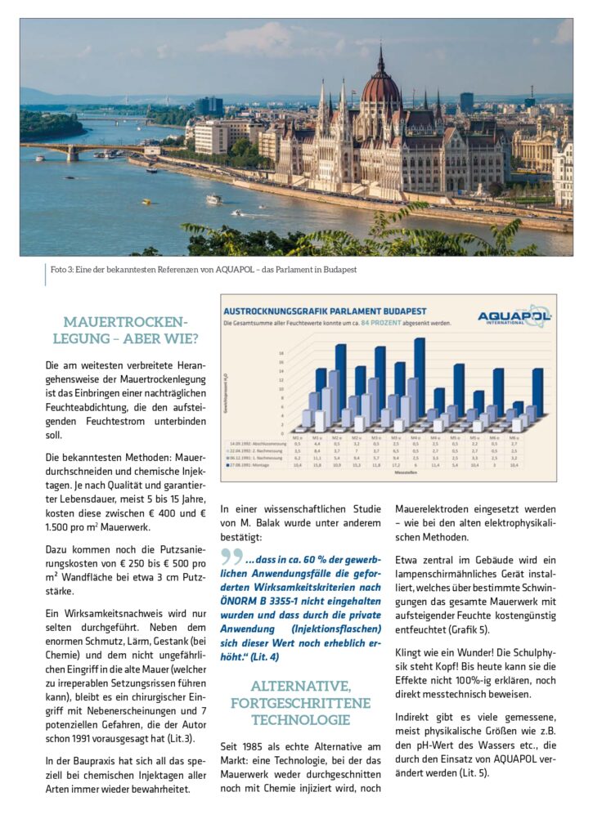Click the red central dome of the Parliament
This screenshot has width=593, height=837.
click(x=380, y=85)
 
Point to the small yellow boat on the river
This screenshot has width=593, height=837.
click(x=237, y=213)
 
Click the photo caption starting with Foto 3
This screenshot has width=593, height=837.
click(x=201, y=270)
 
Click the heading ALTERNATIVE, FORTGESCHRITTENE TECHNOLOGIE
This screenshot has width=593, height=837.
click(x=300, y=702)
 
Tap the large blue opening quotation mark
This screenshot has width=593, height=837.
click(x=231, y=557)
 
